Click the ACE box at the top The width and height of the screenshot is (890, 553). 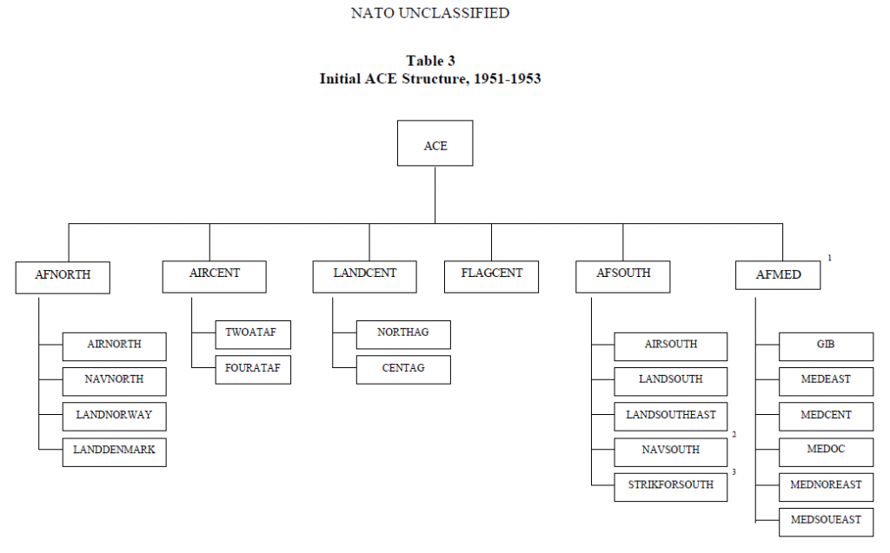435,143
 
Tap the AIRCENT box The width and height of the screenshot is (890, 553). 214,274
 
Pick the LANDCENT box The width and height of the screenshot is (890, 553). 364,274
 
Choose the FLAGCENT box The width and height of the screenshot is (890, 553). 491,274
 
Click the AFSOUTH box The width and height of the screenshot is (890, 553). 623,274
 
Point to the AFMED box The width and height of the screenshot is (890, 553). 778,276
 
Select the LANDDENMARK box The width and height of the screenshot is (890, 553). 114,451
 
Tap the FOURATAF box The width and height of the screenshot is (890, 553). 252,369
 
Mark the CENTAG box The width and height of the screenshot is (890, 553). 403,369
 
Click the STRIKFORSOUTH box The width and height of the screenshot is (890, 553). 670,485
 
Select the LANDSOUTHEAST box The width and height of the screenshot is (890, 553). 670,416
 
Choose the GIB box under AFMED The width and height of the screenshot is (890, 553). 824,346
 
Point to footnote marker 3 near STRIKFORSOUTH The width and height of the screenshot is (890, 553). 734,472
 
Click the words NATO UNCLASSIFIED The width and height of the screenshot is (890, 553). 429,13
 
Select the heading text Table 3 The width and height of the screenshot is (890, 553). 430,61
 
